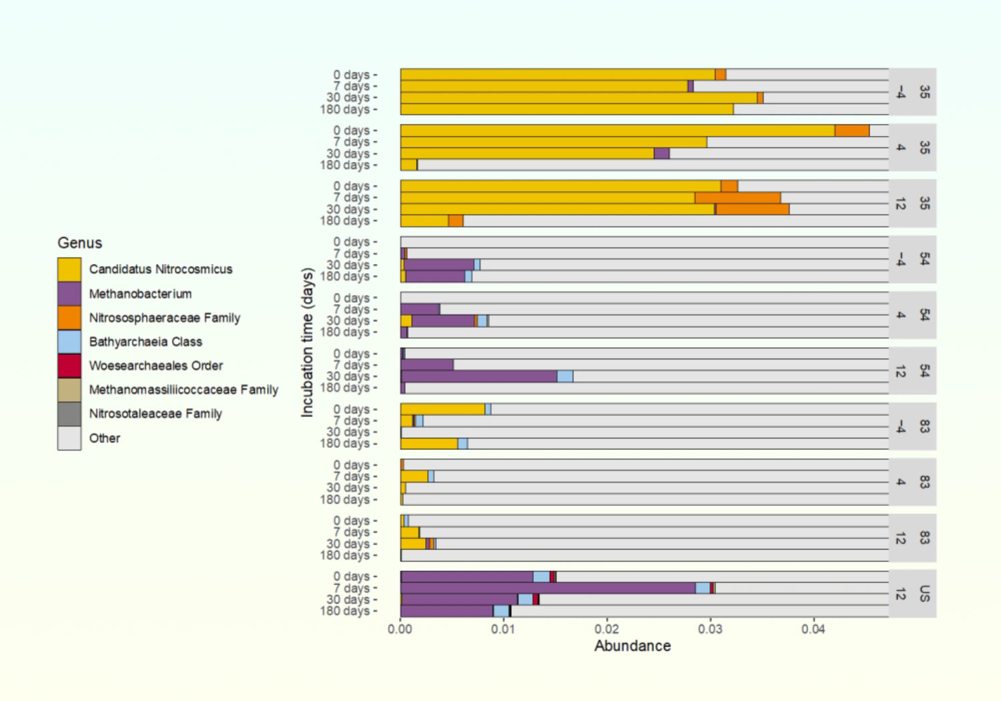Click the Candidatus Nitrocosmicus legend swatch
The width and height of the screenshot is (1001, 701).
click(69, 270)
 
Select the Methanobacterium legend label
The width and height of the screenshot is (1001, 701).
click(140, 294)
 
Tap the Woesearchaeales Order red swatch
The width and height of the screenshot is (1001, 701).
click(69, 366)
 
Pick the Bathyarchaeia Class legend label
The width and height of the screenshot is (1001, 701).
click(145, 342)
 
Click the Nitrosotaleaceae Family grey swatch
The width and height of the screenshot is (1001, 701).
click(69, 414)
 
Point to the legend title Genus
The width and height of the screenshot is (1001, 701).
click(80, 243)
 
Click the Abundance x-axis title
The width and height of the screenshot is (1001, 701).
click(633, 646)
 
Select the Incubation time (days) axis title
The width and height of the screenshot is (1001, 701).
click(307, 342)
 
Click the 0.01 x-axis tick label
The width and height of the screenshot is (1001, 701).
click(503, 629)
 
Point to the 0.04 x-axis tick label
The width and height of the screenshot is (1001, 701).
click(813, 629)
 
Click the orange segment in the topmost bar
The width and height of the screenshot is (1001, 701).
click(721, 75)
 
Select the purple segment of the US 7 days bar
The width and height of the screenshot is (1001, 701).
click(547, 588)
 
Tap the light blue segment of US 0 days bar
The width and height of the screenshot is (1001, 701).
click(541, 577)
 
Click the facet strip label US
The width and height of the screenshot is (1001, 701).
click(924, 594)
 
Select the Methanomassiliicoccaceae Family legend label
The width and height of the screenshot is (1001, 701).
click(184, 390)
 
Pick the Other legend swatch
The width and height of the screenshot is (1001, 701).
click(69, 438)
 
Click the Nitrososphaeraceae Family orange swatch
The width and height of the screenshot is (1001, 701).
click(69, 318)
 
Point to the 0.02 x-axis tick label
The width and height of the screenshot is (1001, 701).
click(607, 629)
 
